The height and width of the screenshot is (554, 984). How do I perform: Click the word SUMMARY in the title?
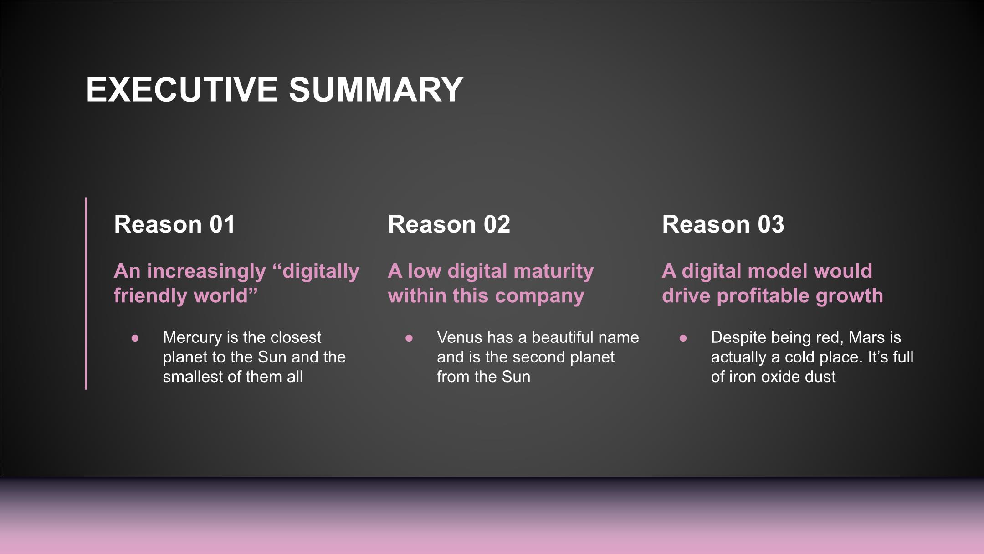coord(376,89)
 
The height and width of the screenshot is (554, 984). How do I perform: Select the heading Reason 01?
coord(174,224)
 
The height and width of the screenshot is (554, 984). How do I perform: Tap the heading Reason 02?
coord(449,224)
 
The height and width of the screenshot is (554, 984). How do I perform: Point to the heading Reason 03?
coord(723,224)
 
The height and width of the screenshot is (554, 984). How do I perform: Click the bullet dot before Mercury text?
coord(135,338)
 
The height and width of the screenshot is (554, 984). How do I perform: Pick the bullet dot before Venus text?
coord(409,338)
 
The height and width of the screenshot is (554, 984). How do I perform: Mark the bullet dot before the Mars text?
coord(683,338)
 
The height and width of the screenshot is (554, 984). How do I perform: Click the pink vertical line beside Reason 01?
coord(86,293)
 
